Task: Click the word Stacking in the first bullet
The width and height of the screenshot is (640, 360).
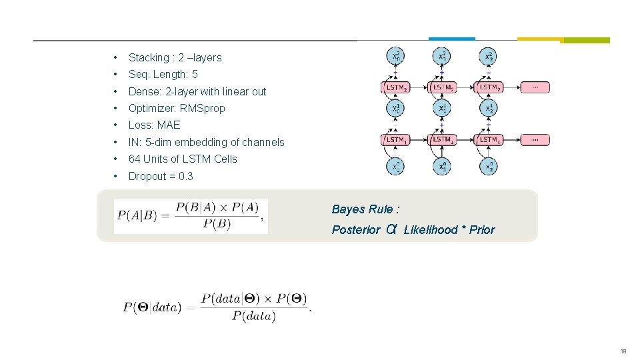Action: (149, 58)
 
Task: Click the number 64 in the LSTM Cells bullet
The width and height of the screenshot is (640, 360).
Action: (134, 159)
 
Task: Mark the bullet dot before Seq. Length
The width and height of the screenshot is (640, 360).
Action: (116, 75)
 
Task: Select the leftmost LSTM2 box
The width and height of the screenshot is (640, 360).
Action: (396, 87)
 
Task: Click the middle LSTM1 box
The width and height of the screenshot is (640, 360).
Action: (442, 139)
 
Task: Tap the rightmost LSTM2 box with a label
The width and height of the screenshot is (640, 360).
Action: (489, 87)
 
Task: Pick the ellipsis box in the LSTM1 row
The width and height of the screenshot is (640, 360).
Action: (535, 139)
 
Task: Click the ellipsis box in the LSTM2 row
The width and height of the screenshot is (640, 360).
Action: (535, 87)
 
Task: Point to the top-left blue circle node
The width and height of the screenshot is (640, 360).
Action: (396, 57)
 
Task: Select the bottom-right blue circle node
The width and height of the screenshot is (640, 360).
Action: (489, 167)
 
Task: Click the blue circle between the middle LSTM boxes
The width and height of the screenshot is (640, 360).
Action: (442, 109)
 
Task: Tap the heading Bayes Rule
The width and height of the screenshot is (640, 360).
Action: (365, 209)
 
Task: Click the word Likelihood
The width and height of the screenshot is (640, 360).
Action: (431, 230)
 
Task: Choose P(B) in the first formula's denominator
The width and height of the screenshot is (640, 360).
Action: (217, 224)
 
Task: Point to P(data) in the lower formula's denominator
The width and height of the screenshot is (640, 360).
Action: (253, 316)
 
